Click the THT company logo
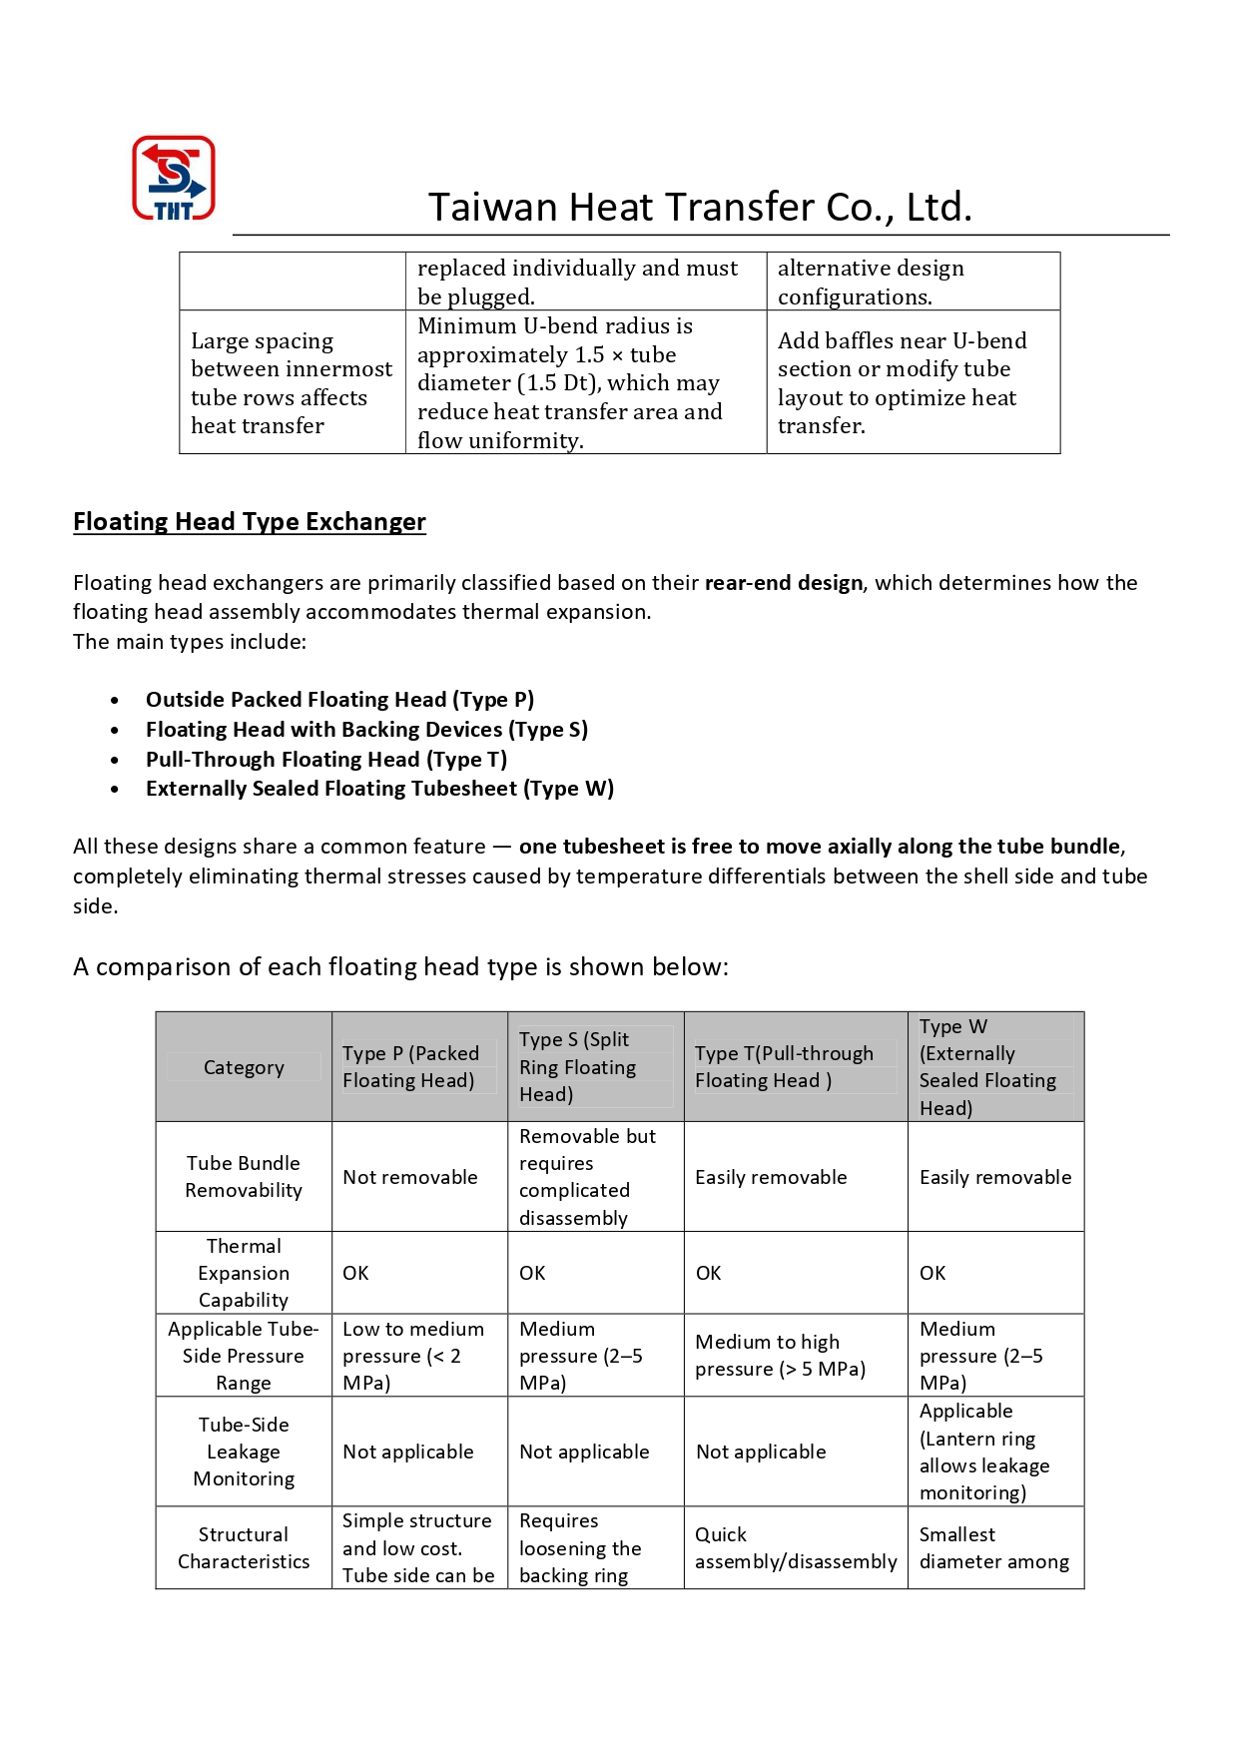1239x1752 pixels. coord(174,178)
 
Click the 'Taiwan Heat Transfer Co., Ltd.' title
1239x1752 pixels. coord(700,207)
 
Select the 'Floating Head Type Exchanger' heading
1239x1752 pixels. coord(250,522)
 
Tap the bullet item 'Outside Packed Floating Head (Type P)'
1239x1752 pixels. coord(339,700)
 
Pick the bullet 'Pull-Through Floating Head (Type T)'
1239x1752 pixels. coord(326,760)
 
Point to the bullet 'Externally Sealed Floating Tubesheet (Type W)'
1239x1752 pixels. coord(379,789)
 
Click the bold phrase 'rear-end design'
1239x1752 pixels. coord(784,583)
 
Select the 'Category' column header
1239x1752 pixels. coord(244,1067)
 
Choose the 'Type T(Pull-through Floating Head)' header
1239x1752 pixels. coord(784,1067)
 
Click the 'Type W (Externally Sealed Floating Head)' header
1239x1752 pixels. coord(987,1067)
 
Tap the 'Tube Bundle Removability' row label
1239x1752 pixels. coord(244,1177)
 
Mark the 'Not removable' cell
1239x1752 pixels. coord(410,1178)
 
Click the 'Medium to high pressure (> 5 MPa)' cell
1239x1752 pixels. coord(781,1356)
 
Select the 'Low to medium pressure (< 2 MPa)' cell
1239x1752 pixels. coord(413,1356)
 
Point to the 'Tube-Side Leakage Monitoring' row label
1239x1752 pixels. coord(244,1452)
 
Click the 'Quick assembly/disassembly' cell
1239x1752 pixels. coord(796,1548)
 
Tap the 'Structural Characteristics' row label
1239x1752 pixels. coord(244,1548)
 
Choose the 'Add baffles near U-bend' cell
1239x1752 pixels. coord(902,383)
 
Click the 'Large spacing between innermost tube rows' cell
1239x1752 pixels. coord(292,383)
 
